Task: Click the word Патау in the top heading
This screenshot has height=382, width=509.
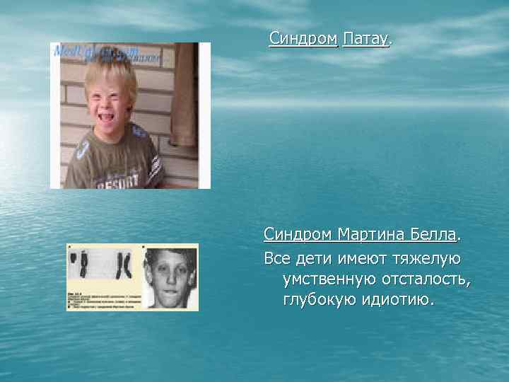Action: (365, 38)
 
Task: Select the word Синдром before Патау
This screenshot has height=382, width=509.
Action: (303, 38)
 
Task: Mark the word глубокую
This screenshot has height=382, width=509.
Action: (322, 301)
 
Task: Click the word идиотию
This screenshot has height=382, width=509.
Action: (400, 301)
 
